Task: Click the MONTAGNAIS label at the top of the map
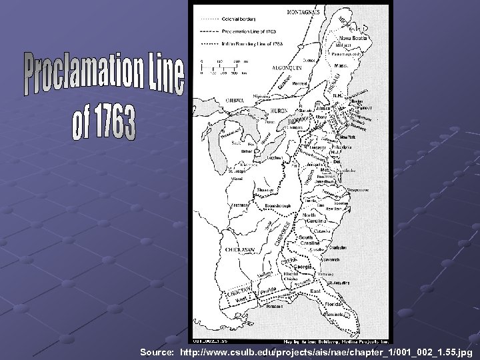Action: tap(302, 12)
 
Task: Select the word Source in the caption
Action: tap(157, 351)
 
